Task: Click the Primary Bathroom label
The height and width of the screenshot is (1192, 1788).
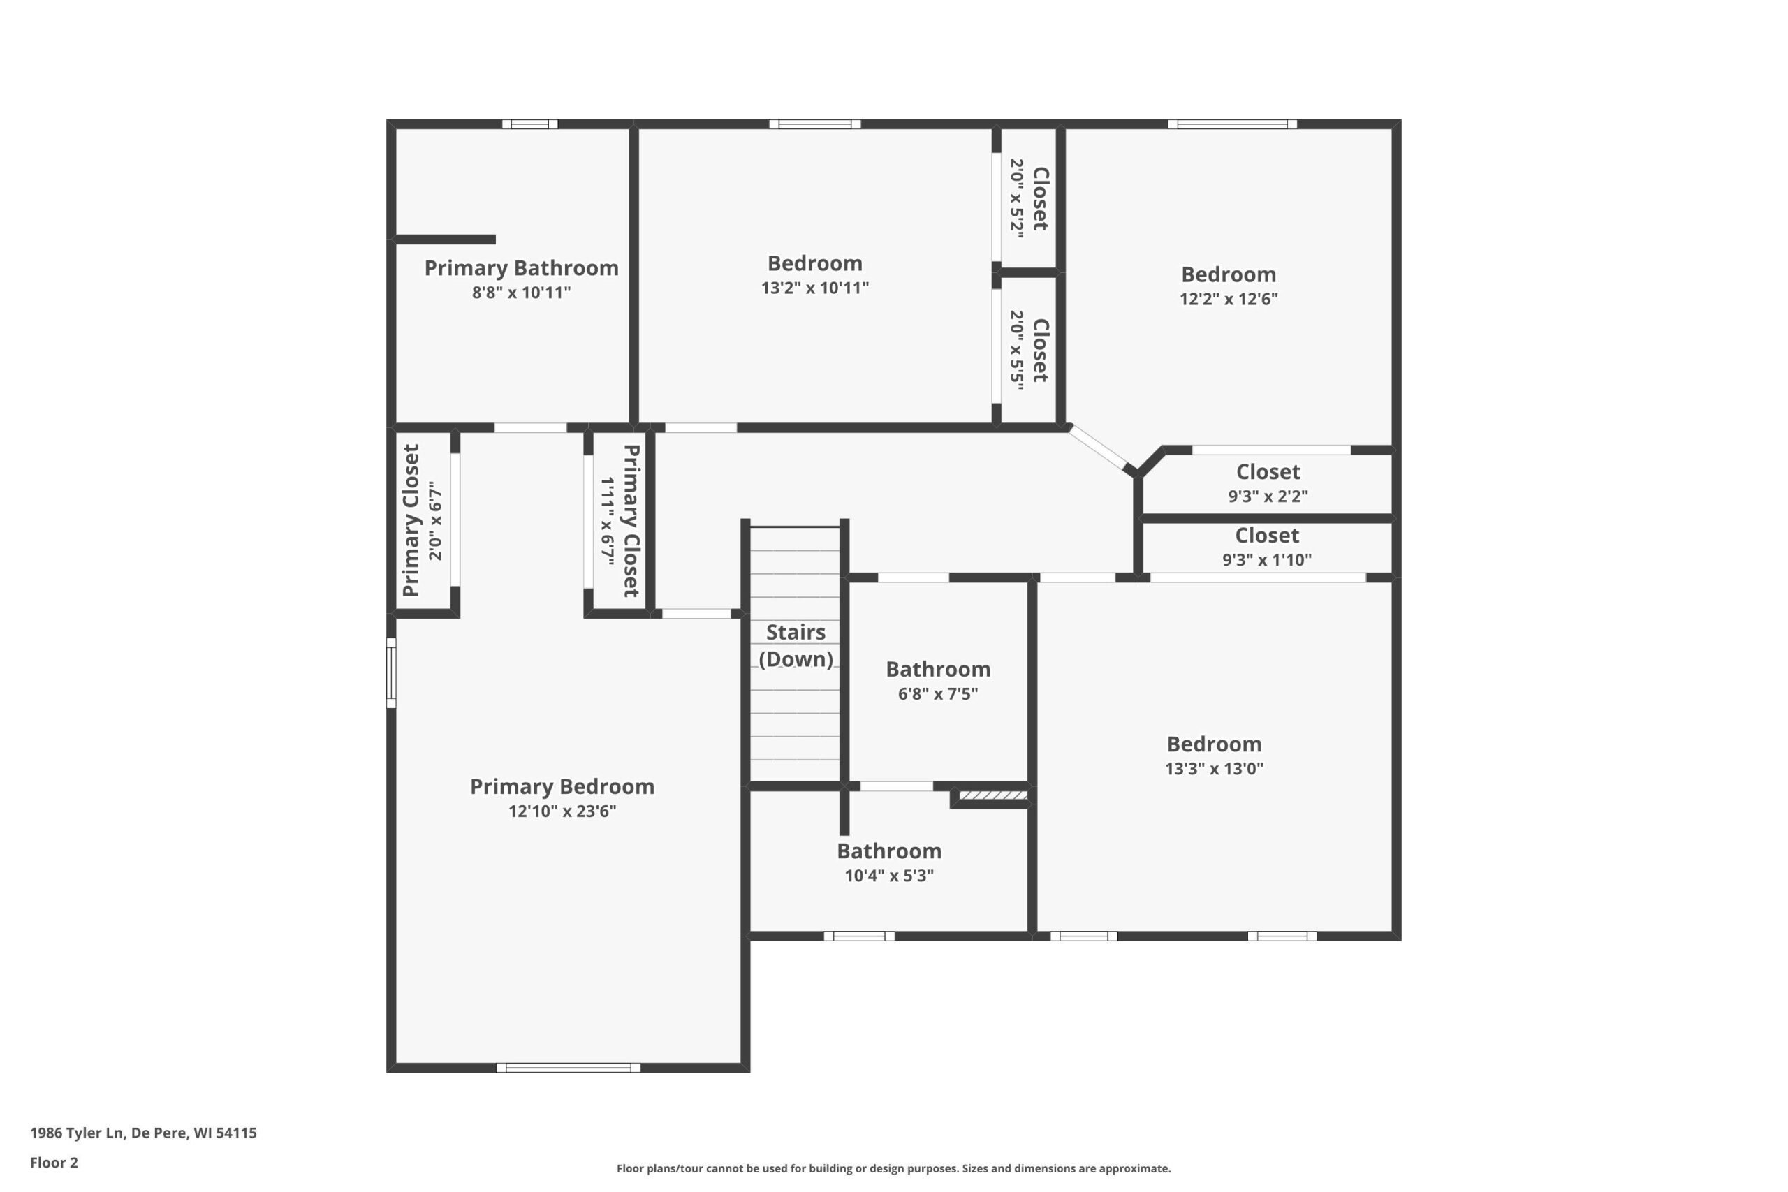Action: (x=521, y=268)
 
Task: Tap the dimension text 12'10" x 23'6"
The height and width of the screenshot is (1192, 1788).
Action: (x=562, y=811)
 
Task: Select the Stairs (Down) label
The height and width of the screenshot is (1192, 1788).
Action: (x=796, y=645)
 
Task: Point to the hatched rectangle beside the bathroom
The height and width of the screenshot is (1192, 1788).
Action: (x=992, y=795)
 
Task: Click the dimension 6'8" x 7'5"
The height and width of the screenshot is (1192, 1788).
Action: (x=937, y=693)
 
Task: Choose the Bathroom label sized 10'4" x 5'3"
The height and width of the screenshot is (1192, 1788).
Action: (x=888, y=851)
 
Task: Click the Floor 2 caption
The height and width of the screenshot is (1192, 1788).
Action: (x=54, y=1163)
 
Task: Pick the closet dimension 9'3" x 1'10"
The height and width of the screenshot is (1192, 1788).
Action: (x=1266, y=560)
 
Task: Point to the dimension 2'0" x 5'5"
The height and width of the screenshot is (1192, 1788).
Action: (x=1016, y=350)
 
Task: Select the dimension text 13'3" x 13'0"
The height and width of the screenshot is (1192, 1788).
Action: (x=1214, y=769)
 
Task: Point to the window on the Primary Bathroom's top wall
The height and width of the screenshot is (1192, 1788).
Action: (x=530, y=124)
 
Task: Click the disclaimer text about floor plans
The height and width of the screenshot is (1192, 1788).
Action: (x=893, y=1168)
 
